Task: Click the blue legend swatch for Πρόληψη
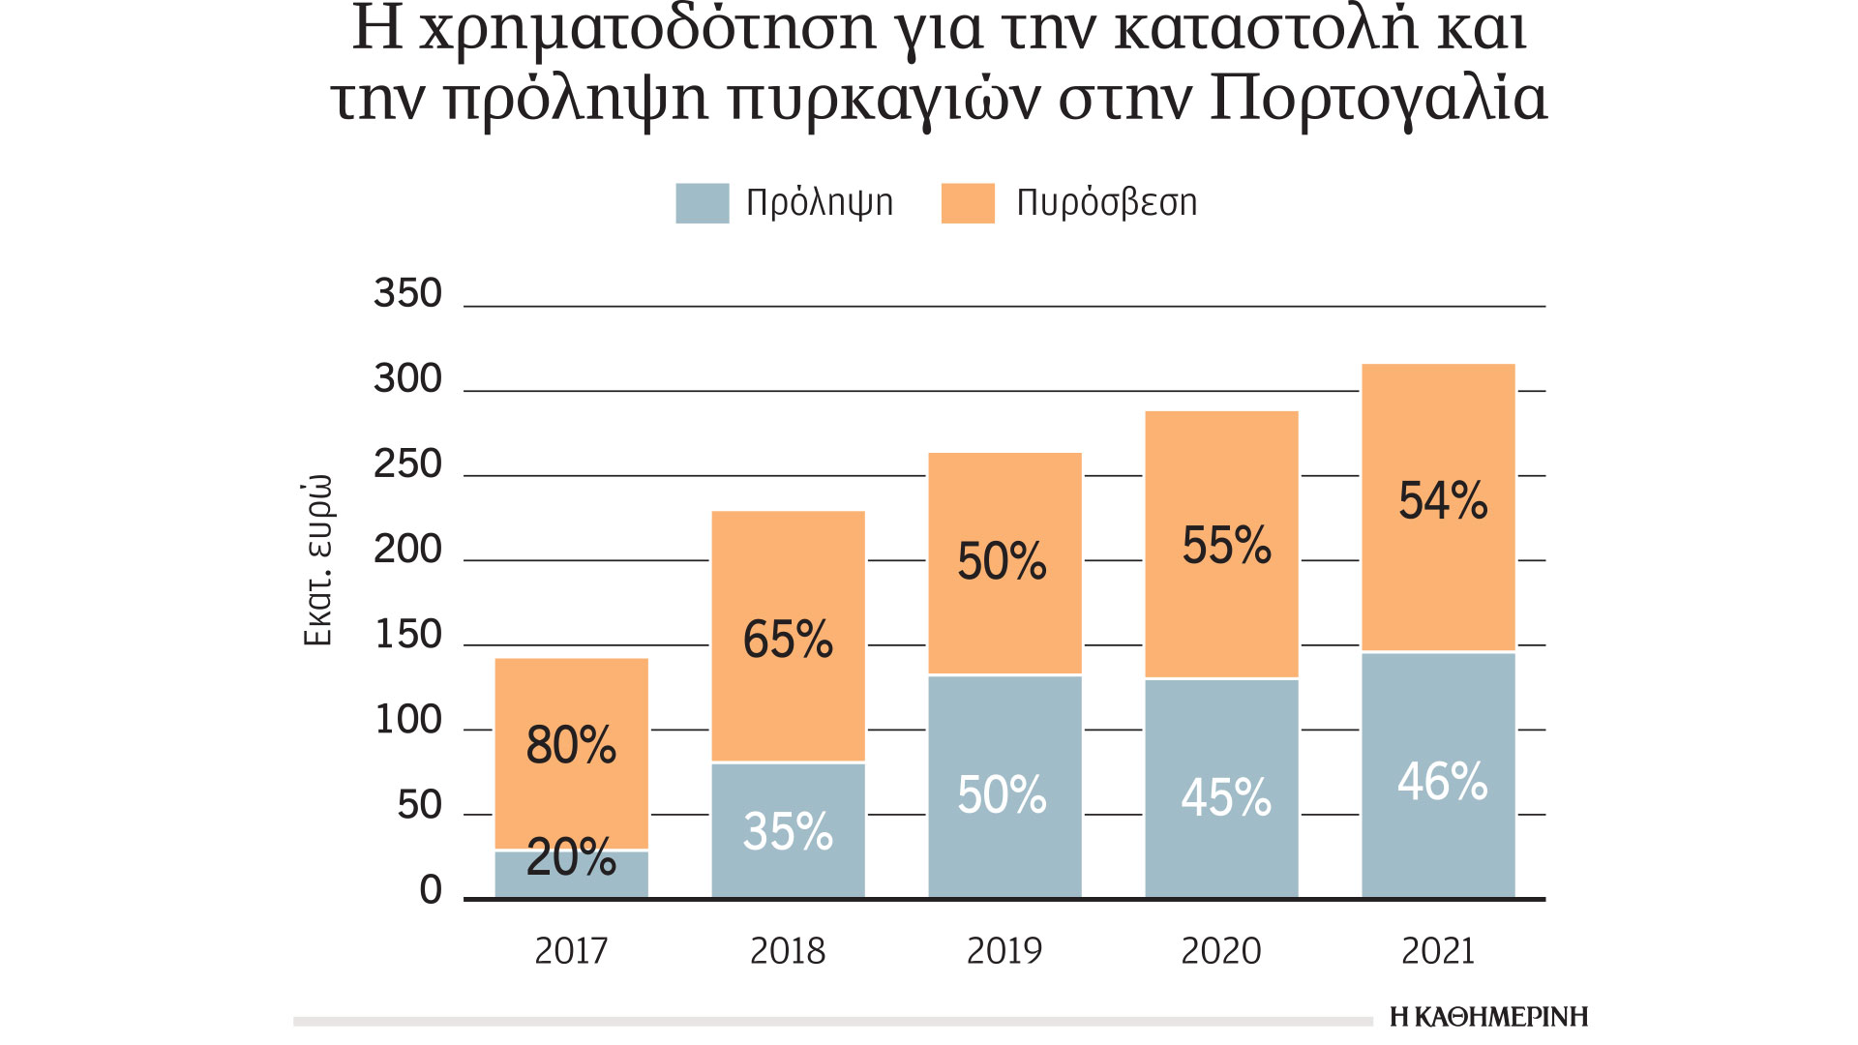[x=702, y=203]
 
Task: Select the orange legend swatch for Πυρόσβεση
[x=968, y=203]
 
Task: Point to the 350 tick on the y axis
[x=407, y=293]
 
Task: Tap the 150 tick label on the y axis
[x=407, y=635]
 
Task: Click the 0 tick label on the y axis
[x=430, y=890]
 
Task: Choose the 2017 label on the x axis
[x=571, y=951]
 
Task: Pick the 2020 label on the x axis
[x=1221, y=951]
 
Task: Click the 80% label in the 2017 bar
[x=571, y=745]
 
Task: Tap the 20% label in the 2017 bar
[x=571, y=857]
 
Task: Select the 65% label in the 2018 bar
[x=788, y=640]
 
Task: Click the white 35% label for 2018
[x=788, y=831]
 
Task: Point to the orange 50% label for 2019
[x=1002, y=561]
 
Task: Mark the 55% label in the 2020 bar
[x=1226, y=546]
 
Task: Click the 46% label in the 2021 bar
[x=1442, y=782]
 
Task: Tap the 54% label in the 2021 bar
[x=1442, y=501]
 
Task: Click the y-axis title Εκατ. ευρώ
[x=317, y=560]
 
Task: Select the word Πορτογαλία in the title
[x=1378, y=99]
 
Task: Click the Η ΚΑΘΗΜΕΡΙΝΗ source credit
[x=1488, y=1017]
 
